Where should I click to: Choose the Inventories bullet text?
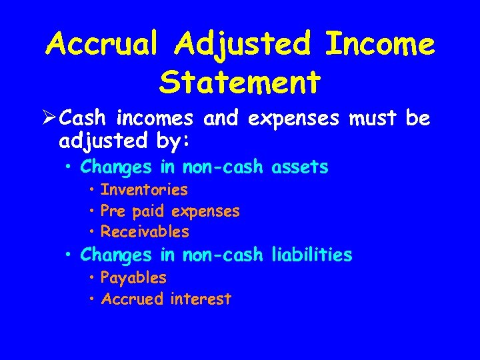144,190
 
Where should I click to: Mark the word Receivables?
145,232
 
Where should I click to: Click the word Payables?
133,277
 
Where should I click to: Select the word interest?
201,299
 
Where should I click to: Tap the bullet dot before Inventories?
91,190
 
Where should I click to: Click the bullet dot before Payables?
91,277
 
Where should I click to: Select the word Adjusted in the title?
244,45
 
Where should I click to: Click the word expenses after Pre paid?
205,211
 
